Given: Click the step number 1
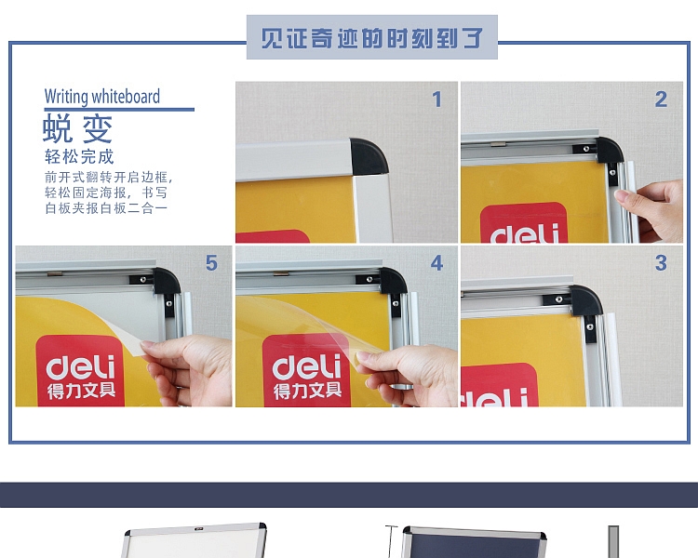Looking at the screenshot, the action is pyautogui.click(x=436, y=100).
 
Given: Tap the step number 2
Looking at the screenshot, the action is pyautogui.click(x=661, y=100).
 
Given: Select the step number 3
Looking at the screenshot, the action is pyautogui.click(x=661, y=263).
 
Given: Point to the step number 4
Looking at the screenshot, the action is pyautogui.click(x=436, y=263).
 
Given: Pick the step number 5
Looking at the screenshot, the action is pyautogui.click(x=211, y=263).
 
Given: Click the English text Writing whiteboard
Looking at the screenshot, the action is pyautogui.click(x=102, y=97).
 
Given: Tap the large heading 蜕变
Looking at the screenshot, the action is pyautogui.click(x=78, y=128).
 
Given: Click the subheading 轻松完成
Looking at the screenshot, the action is pyautogui.click(x=79, y=156).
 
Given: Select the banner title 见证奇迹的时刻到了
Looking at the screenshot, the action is pyautogui.click(x=371, y=38).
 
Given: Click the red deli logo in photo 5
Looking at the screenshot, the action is pyautogui.click(x=80, y=370).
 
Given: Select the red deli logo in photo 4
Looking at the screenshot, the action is pyautogui.click(x=306, y=370).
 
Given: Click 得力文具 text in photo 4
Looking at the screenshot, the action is pyautogui.click(x=308, y=391).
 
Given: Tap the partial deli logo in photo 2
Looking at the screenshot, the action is pyautogui.click(x=523, y=222).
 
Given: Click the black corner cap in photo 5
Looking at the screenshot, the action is pyautogui.click(x=167, y=280).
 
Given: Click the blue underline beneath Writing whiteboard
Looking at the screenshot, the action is pyautogui.click(x=119, y=110).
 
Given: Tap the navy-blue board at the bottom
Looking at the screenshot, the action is pyautogui.click(x=473, y=545).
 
